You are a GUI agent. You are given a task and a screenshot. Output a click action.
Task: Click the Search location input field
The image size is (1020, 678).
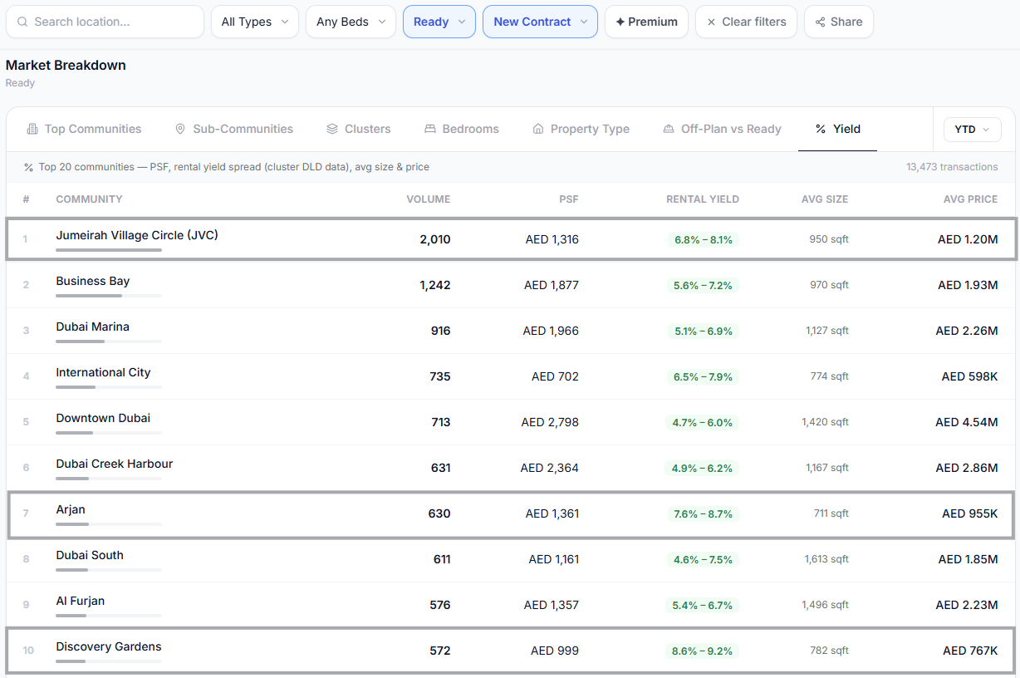coord(105,22)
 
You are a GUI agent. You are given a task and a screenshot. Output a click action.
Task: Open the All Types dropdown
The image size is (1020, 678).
coord(254,22)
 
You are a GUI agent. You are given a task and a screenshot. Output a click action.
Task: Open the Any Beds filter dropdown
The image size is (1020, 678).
coord(351,22)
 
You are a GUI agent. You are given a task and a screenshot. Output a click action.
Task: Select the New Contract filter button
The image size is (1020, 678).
coord(540,22)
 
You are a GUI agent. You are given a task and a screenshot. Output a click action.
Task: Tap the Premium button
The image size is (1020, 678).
coord(646,22)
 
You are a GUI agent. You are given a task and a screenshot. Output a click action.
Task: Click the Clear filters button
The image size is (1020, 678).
coord(746,22)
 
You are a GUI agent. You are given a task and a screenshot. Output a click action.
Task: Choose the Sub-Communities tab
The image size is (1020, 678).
coord(234,129)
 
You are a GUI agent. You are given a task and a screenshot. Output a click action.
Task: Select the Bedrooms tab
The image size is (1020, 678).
coord(462,129)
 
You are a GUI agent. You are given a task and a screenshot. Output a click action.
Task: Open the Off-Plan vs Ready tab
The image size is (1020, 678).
coord(722,129)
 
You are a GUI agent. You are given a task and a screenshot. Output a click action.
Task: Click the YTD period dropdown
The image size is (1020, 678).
coord(972,130)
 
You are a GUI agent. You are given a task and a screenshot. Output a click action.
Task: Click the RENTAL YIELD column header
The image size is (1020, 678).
coord(703,199)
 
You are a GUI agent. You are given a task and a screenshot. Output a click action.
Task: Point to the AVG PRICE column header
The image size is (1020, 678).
coord(970,199)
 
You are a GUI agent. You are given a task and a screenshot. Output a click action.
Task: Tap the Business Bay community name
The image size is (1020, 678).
coord(93,281)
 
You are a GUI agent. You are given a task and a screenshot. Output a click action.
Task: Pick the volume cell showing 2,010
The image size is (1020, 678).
coord(435,239)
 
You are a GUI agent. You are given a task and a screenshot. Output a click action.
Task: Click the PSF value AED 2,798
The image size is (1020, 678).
coord(550,422)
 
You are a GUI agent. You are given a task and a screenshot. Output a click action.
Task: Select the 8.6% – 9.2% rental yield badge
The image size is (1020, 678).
coord(702,651)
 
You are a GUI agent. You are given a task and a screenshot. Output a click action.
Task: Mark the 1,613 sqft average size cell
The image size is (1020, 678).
coord(826,559)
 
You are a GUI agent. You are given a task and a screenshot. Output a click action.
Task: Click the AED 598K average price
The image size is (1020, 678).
coord(969,376)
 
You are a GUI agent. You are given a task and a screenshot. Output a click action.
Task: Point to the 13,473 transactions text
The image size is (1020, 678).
coord(952,167)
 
